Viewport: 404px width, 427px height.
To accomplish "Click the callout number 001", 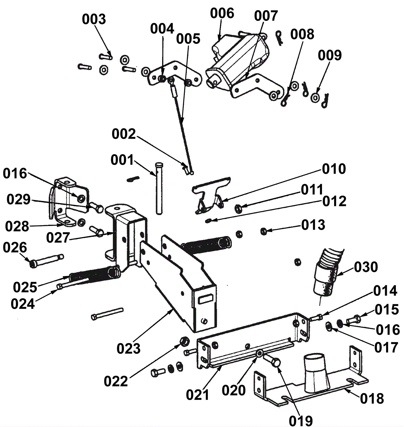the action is coord(122,160).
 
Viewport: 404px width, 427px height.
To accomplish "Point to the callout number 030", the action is coord(366,267).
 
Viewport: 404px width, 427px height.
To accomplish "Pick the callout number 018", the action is coord(372,399).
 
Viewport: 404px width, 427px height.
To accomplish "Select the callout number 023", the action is coord(128,349).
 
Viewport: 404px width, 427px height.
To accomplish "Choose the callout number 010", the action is coord(334,169).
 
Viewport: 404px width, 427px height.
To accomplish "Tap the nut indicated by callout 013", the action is coord(263,231).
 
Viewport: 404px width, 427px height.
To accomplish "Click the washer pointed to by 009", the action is coord(315,97).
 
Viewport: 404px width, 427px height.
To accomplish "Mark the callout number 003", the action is coord(94,19).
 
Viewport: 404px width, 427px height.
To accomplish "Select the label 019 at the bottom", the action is coord(301,421).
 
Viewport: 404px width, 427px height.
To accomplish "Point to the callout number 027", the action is coord(58,238).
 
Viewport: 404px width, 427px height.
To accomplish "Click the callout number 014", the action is coord(385,291).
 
